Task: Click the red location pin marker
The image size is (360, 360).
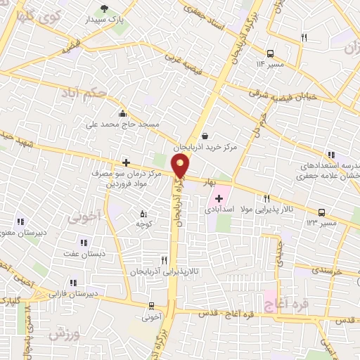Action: click(x=181, y=166)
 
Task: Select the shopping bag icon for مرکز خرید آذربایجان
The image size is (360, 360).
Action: click(x=204, y=136)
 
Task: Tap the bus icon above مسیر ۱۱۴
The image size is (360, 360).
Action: click(x=271, y=53)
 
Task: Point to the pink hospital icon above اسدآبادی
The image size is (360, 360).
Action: click(x=219, y=199)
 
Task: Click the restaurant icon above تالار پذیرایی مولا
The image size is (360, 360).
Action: click(x=266, y=199)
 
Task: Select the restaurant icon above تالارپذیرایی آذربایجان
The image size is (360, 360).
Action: click(x=164, y=259)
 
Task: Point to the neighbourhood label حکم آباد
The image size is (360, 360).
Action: click(x=103, y=92)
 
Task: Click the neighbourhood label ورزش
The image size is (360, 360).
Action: click(x=64, y=335)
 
